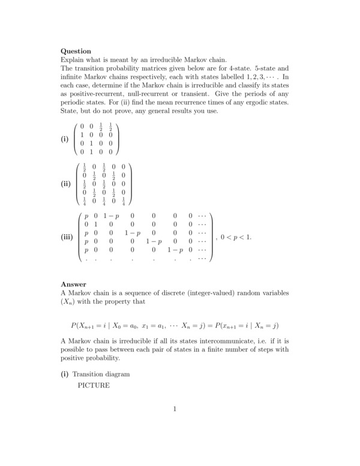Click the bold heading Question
[76, 52]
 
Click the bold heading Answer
[74, 284]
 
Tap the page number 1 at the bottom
[175, 410]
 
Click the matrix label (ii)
[67, 184]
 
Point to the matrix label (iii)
[68, 237]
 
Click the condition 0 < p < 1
[236, 237]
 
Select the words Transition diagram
[101, 374]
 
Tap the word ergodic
[247, 103]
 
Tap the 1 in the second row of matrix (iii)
[96, 222]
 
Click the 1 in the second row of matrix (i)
[82, 136]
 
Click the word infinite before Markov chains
[74, 77]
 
